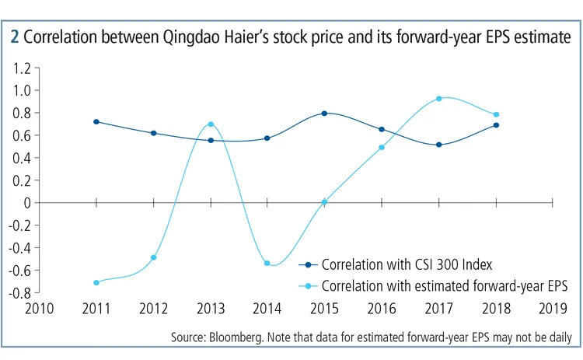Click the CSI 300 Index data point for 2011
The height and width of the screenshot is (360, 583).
pyautogui.click(x=96, y=121)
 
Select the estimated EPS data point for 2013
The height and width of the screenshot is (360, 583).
pyautogui.click(x=211, y=124)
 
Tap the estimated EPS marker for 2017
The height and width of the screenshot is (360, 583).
pyautogui.click(x=439, y=99)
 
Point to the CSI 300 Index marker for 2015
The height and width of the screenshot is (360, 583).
pyautogui.click(x=325, y=114)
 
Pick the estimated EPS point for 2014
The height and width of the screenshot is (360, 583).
pyautogui.click(x=267, y=264)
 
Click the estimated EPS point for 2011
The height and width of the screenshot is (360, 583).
pyautogui.click(x=96, y=282)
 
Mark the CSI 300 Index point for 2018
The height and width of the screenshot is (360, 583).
pyautogui.click(x=496, y=124)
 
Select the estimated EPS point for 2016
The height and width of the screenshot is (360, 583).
pyautogui.click(x=382, y=148)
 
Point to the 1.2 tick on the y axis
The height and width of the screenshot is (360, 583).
pyautogui.click(x=21, y=68)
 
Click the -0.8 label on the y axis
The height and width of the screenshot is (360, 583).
pyautogui.click(x=19, y=293)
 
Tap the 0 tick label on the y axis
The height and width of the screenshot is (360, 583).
pyautogui.click(x=26, y=202)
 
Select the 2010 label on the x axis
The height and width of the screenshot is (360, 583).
pyautogui.click(x=39, y=309)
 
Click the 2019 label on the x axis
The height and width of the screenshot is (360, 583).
pyautogui.click(x=553, y=309)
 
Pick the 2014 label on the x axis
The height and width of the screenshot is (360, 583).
pyautogui.click(x=267, y=309)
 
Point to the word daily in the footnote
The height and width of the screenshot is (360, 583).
pyautogui.click(x=558, y=338)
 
